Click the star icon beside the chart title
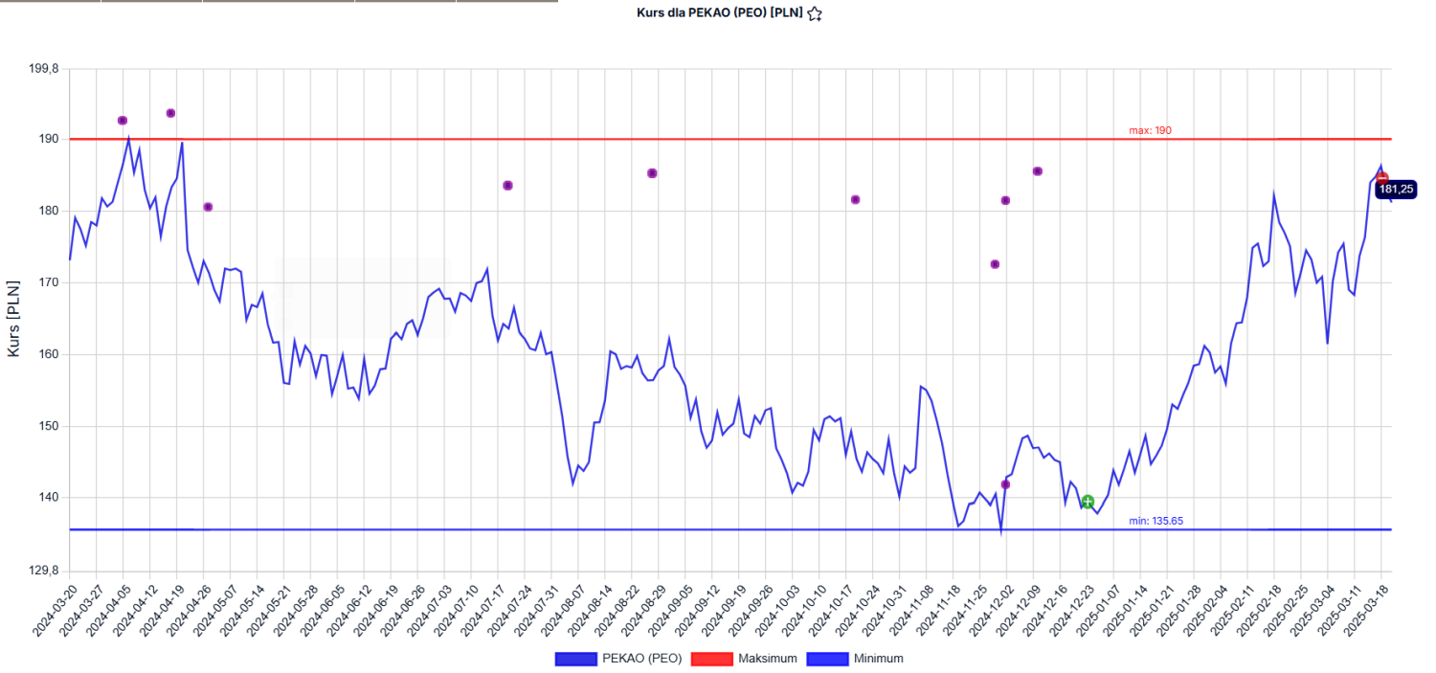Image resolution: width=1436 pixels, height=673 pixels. coord(815,13)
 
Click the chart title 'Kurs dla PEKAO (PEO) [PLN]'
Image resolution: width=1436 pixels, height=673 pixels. coord(719,13)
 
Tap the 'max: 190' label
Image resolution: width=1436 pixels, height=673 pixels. coord(1150,130)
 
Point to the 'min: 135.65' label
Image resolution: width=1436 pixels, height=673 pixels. coord(1156,521)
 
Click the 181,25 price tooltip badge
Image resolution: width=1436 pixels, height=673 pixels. coord(1397,190)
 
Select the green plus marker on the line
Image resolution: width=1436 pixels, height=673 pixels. coord(1088,502)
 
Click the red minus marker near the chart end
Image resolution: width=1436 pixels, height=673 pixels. coord(1382,178)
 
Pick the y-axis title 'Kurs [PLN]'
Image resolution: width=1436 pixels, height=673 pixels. coord(13,319)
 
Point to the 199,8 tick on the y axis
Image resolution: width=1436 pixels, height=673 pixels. coord(44,69)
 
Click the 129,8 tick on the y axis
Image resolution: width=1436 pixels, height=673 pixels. coord(44,570)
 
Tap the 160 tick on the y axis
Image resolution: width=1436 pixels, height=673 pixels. coord(48,354)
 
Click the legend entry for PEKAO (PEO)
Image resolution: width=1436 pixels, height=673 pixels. coord(618,659)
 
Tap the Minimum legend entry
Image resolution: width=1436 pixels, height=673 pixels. coord(855,659)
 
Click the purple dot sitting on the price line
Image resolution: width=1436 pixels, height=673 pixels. coord(1005,484)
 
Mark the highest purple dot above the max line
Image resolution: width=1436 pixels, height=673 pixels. coord(170,113)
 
